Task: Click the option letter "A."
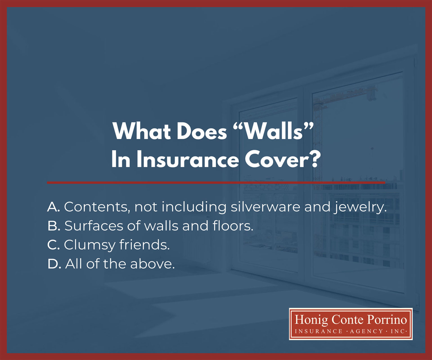(x=53, y=207)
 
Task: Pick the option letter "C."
(x=53, y=245)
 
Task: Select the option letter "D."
(x=54, y=264)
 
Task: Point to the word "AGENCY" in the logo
(x=366, y=331)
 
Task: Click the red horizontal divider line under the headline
(x=216, y=183)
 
